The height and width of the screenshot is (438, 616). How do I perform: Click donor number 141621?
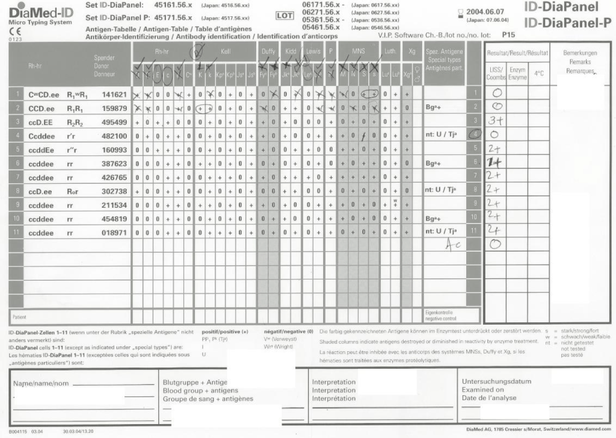coord(114,95)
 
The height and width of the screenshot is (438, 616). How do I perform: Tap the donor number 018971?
coord(114,233)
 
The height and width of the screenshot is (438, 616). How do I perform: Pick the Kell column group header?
coord(226,52)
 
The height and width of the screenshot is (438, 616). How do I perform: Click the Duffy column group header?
coord(268,52)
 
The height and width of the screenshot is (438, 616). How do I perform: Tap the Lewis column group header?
coord(313,52)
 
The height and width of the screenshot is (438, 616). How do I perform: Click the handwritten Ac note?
coord(453,243)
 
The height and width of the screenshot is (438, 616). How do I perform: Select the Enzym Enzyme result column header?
coord(517,74)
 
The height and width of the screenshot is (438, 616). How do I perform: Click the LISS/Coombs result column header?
coord(496,74)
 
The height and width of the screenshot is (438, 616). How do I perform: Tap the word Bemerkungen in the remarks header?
coord(579,53)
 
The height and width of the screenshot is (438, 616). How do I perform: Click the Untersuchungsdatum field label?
coord(496,381)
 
